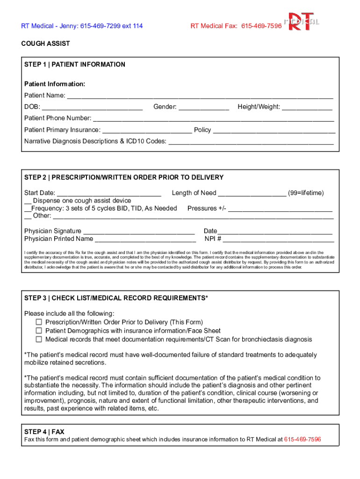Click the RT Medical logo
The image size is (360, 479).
(x=304, y=22)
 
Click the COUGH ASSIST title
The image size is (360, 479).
(x=45, y=44)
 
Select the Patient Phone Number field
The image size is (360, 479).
(x=214, y=119)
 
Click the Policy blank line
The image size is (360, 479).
(x=274, y=131)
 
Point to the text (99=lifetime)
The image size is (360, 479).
(x=306, y=193)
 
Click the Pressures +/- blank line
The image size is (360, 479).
(x=280, y=209)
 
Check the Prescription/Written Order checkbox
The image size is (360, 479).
(x=39, y=322)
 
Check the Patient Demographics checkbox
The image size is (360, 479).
(x=39, y=331)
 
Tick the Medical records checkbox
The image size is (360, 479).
(x=39, y=339)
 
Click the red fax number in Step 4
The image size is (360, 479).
(x=302, y=440)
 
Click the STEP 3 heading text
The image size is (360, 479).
(x=116, y=298)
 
